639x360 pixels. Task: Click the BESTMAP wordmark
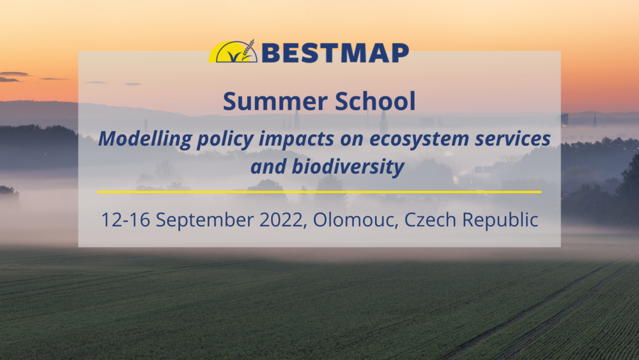coord(335,52)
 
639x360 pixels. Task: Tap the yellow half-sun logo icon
coord(233,52)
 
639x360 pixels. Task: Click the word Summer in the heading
coord(275,101)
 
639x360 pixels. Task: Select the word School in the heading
coord(375,100)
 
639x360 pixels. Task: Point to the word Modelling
coord(145,139)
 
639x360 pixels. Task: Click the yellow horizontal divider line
coord(319,192)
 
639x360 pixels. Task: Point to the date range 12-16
coord(125,219)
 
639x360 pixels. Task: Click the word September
coord(205,221)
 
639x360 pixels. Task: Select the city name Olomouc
coord(355,219)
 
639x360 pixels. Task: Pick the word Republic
coord(500,220)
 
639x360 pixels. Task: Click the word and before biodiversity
coord(268,166)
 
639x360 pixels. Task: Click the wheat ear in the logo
coord(248,50)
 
